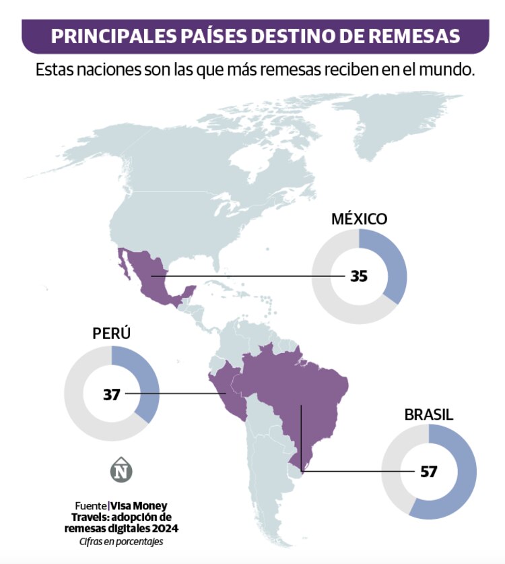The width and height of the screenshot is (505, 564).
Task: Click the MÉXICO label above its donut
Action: click(359, 219)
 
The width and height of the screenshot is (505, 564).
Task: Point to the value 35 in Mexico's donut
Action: click(359, 276)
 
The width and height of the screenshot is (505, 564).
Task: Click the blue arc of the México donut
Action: click(395, 263)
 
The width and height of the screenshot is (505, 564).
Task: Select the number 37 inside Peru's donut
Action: click(111, 394)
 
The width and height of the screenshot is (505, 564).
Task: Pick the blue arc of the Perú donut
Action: click(147, 384)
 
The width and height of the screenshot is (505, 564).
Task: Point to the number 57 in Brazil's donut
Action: click(429, 471)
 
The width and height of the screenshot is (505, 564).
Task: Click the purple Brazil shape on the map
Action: click(296, 391)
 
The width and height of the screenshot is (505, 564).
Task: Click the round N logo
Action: click(121, 470)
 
